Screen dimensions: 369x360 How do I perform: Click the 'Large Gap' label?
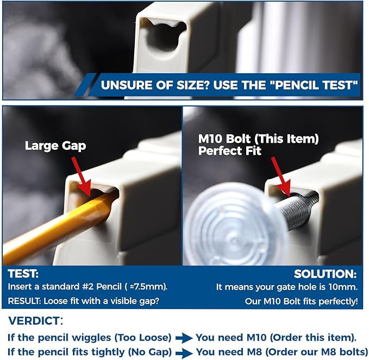point(55,146)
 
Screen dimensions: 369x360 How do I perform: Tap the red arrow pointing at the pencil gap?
point(81,176)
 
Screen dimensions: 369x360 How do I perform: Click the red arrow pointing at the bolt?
point(281,176)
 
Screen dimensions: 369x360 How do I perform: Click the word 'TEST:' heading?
point(23,274)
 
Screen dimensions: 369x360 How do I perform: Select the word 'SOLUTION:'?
point(325,274)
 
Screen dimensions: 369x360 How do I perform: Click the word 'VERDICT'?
point(34,321)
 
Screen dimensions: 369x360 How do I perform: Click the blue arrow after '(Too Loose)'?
point(184,338)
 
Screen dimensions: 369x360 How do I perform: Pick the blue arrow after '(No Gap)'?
point(184,353)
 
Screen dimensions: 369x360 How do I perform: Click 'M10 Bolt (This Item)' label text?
point(258,138)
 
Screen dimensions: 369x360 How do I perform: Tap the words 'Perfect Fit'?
point(230,151)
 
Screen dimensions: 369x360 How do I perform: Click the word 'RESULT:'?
point(24,301)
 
